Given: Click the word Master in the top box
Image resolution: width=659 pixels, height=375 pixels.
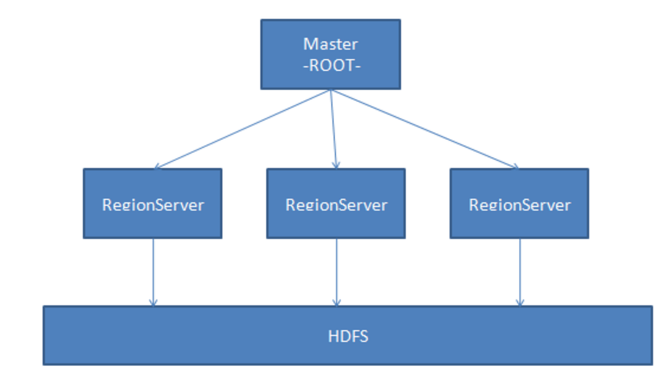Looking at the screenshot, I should [x=330, y=44].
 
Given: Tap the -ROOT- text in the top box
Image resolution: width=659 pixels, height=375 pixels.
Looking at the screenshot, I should [x=330, y=65].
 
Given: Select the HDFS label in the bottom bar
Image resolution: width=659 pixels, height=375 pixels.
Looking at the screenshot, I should [x=348, y=336].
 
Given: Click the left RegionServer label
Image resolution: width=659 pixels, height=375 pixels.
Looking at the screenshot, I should [x=153, y=205].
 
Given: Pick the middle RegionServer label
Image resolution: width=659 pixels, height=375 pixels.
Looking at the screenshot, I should [x=336, y=205].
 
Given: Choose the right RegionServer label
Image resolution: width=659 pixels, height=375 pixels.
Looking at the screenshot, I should [x=519, y=205].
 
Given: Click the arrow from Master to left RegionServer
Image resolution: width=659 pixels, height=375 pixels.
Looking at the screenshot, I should [x=242, y=129].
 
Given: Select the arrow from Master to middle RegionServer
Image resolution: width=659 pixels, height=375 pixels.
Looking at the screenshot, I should [x=333, y=129].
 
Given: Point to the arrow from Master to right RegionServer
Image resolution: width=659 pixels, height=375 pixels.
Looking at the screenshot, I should [x=424, y=129].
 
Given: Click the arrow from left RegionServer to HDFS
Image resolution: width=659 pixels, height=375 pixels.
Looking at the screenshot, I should [x=153, y=272].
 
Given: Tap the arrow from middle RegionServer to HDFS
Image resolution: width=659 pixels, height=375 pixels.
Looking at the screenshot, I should [x=337, y=272].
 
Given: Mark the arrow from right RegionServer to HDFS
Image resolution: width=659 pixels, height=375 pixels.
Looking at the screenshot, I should [x=520, y=272].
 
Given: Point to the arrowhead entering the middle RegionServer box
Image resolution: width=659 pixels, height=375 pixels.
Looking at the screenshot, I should [x=335, y=165].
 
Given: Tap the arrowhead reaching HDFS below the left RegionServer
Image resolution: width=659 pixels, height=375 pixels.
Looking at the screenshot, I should [x=153, y=303].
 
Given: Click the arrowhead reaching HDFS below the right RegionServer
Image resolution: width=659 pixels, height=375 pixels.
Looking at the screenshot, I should [x=520, y=303].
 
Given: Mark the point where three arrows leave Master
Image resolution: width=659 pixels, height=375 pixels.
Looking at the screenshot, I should [x=330, y=90].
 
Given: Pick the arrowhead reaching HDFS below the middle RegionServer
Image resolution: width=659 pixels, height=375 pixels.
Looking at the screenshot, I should [x=337, y=303].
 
